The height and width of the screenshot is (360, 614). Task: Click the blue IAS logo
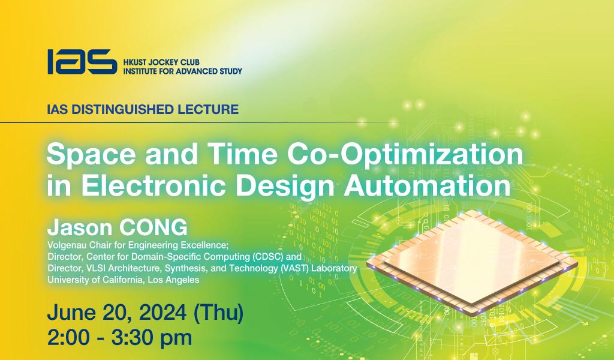click(x=82, y=62)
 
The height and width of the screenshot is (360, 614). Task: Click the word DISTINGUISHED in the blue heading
click(x=123, y=109)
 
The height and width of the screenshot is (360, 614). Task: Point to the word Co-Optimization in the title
click(x=405, y=155)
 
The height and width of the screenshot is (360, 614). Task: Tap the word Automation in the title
click(x=427, y=185)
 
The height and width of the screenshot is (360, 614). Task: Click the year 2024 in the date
click(x=163, y=312)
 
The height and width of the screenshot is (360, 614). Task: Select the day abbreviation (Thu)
click(x=218, y=312)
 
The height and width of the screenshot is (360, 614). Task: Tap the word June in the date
click(x=71, y=312)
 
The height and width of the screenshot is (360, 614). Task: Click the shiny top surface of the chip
click(x=472, y=259)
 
